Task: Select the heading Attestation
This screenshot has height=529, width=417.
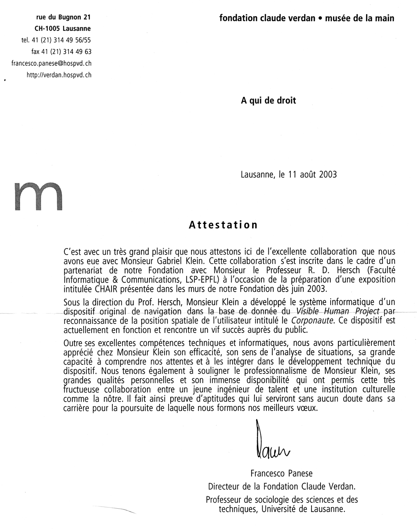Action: point(223,225)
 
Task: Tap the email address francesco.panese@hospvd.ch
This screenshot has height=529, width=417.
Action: point(51,63)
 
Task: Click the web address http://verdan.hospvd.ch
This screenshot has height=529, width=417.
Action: point(59,75)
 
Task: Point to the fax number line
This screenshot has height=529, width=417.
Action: point(61,52)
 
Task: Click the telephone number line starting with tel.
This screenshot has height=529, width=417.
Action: point(56,40)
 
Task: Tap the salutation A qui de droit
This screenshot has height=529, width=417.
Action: point(268,100)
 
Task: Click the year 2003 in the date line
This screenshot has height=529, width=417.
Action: point(328,175)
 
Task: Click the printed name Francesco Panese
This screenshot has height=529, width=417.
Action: point(281,474)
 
